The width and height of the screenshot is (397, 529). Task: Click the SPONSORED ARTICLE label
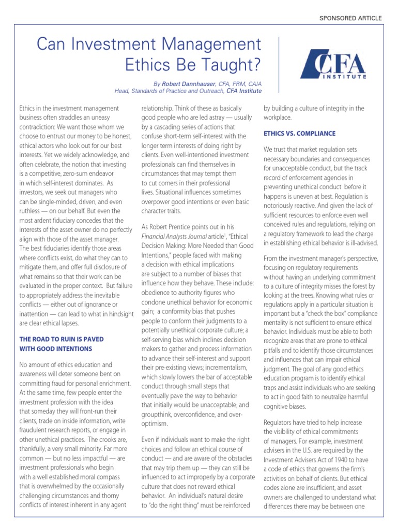tap(352, 18)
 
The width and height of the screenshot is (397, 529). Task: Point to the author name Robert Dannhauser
tap(184, 83)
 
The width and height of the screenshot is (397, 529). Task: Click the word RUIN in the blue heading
tap(62, 339)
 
